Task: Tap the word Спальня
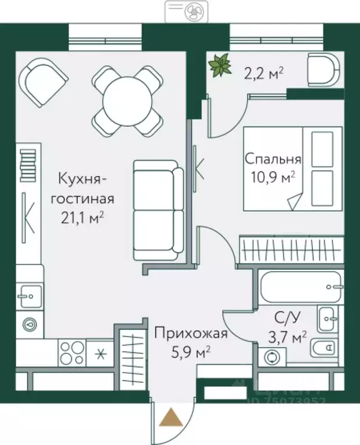tap(272, 159)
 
